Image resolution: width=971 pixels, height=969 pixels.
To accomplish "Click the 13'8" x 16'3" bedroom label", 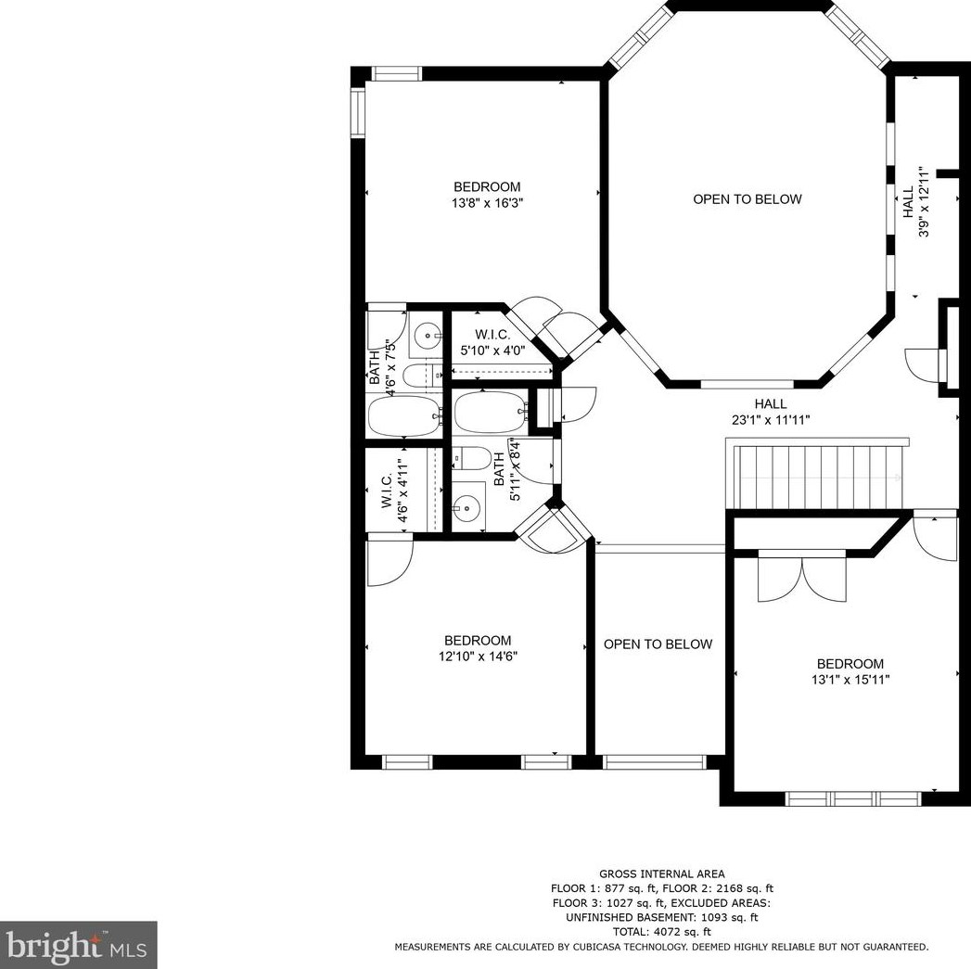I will tap(487, 194).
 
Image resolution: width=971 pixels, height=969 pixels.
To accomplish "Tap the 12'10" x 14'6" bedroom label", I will tap(478, 648).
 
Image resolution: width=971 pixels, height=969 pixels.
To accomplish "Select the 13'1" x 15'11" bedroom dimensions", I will tap(850, 680).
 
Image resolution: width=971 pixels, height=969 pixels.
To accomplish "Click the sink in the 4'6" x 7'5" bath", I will tap(428, 334).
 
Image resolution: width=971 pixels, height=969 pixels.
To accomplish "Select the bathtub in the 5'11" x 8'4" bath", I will tap(489, 413).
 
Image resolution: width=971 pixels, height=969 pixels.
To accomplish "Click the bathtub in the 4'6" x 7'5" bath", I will tap(404, 415).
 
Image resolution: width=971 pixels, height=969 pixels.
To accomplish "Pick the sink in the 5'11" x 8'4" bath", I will tap(469, 507).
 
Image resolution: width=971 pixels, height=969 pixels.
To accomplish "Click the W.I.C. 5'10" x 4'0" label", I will tap(500, 342).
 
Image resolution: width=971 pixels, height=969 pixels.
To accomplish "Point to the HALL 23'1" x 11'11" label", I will tap(771, 412).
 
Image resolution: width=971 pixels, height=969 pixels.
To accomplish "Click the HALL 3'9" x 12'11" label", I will tap(915, 202).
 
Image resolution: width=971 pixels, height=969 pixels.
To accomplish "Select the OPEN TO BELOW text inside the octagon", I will tap(747, 199).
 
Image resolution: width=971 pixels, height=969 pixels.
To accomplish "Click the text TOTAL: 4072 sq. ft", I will tap(661, 931).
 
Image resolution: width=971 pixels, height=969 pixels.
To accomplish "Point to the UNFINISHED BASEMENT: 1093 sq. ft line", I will tap(661, 917).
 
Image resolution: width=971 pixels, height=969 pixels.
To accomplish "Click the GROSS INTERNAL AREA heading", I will tap(661, 873).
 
